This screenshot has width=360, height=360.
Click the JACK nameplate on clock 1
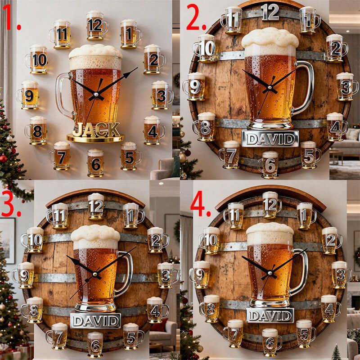[x=96, y=130]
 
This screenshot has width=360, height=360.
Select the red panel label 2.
[x=196, y=18]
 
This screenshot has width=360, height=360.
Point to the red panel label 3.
[x=11, y=203]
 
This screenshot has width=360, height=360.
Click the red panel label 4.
[x=200, y=203]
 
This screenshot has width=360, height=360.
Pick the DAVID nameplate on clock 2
[x=270, y=139]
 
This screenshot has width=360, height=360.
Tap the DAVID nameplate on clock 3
[x=95, y=321]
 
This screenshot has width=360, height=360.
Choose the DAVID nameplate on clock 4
[x=270, y=315]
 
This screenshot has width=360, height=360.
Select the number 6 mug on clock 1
[x=95, y=162]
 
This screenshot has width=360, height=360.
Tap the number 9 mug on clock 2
[x=194, y=86]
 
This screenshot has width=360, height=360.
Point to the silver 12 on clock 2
[x=270, y=12]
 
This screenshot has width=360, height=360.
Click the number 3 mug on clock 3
[x=167, y=275]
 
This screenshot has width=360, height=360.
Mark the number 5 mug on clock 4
[x=306, y=333]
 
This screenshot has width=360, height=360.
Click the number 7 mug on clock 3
[x=58, y=336]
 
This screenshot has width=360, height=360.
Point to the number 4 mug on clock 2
[x=336, y=126]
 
